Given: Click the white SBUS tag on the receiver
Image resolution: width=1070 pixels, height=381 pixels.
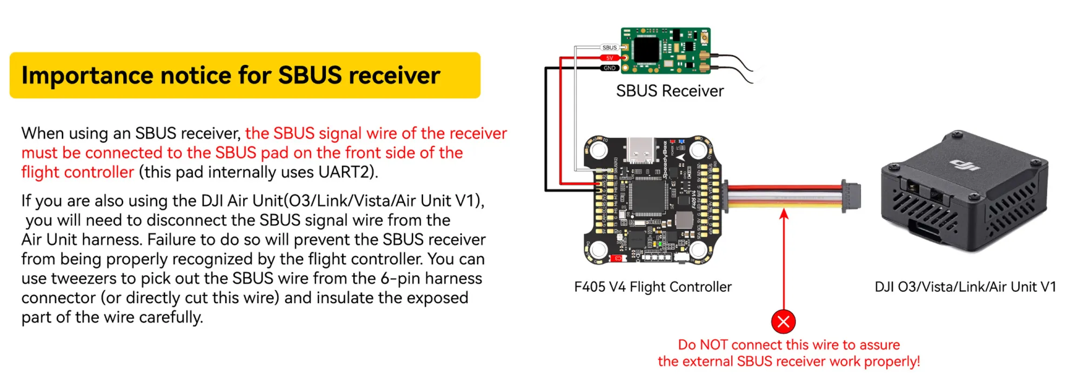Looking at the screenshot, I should point(609,48).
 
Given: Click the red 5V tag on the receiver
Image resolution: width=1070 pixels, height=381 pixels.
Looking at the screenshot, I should point(610,58).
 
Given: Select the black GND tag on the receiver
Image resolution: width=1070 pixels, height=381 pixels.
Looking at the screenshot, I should point(610,68).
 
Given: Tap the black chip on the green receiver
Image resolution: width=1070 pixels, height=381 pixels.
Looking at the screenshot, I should point(647,50).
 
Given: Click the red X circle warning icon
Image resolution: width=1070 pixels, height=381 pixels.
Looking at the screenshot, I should point(783,322).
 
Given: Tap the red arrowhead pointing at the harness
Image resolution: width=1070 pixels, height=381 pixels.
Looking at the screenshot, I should point(784,215).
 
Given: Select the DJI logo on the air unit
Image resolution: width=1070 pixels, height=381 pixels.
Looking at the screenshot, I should point(966,165).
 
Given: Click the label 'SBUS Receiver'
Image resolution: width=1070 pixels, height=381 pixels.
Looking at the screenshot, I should point(670,91).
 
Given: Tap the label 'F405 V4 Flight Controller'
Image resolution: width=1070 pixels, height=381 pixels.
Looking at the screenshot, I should point(652,287).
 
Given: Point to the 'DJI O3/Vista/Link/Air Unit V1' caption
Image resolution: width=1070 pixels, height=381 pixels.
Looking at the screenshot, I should point(965,287).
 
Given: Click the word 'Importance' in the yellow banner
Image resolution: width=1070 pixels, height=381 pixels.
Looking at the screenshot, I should point(87,75).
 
